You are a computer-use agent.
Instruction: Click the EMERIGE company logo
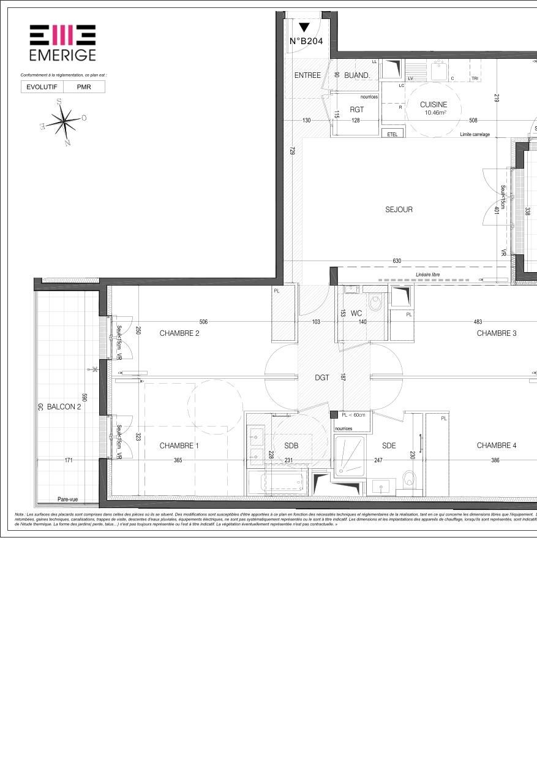point(62,42)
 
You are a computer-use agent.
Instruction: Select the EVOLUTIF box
point(42,87)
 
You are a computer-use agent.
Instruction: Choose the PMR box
point(84,87)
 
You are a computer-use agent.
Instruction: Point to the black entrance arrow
point(304,27)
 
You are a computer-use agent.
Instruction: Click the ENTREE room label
point(307,75)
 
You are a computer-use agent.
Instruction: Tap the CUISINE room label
point(434,105)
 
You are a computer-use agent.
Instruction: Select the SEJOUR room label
point(399,210)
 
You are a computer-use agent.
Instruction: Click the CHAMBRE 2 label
point(179,333)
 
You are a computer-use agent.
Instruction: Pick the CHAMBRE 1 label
point(179,446)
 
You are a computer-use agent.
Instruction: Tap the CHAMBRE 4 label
point(496,446)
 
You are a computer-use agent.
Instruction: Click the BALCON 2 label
point(64,406)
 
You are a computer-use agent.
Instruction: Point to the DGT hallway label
point(322,378)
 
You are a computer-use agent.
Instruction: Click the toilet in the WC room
point(375,302)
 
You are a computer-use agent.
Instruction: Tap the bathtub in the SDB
point(285,482)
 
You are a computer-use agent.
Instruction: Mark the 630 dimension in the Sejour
point(397,261)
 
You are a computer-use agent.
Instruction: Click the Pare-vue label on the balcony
point(67,500)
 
